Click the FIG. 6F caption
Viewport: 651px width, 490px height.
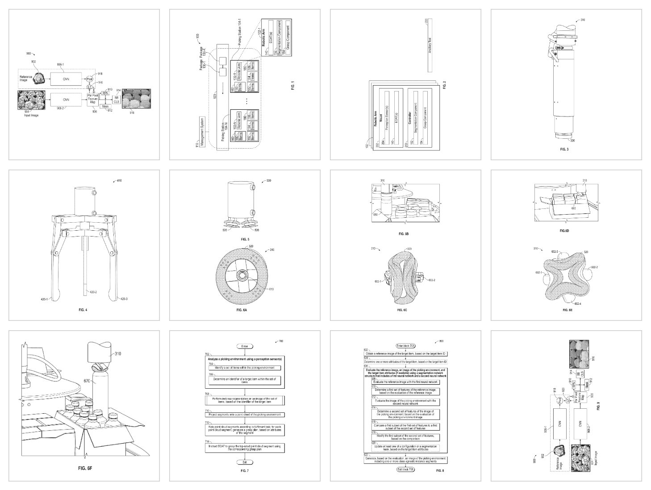(x=84, y=468)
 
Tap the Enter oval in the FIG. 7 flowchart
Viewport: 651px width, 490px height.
(x=244, y=346)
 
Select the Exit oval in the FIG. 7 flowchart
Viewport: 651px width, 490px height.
(x=244, y=462)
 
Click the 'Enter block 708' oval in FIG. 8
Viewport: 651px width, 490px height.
(x=405, y=346)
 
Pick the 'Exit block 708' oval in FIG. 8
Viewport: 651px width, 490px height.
(x=405, y=469)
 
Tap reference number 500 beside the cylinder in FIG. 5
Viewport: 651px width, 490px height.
(x=268, y=181)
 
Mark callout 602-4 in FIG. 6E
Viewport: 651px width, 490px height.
(x=577, y=303)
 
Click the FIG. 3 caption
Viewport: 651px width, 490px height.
(x=564, y=149)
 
